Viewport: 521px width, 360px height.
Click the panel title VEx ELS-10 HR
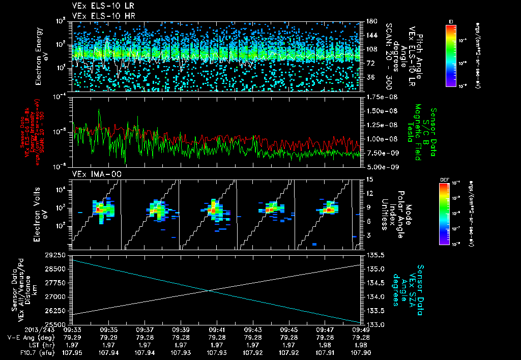[100, 16]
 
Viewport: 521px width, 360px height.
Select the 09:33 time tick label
[74, 329]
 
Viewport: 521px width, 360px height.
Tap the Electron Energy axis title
[42, 56]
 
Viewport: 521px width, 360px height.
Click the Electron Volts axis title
[42, 214]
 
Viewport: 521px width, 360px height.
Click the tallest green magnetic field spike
[99, 110]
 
